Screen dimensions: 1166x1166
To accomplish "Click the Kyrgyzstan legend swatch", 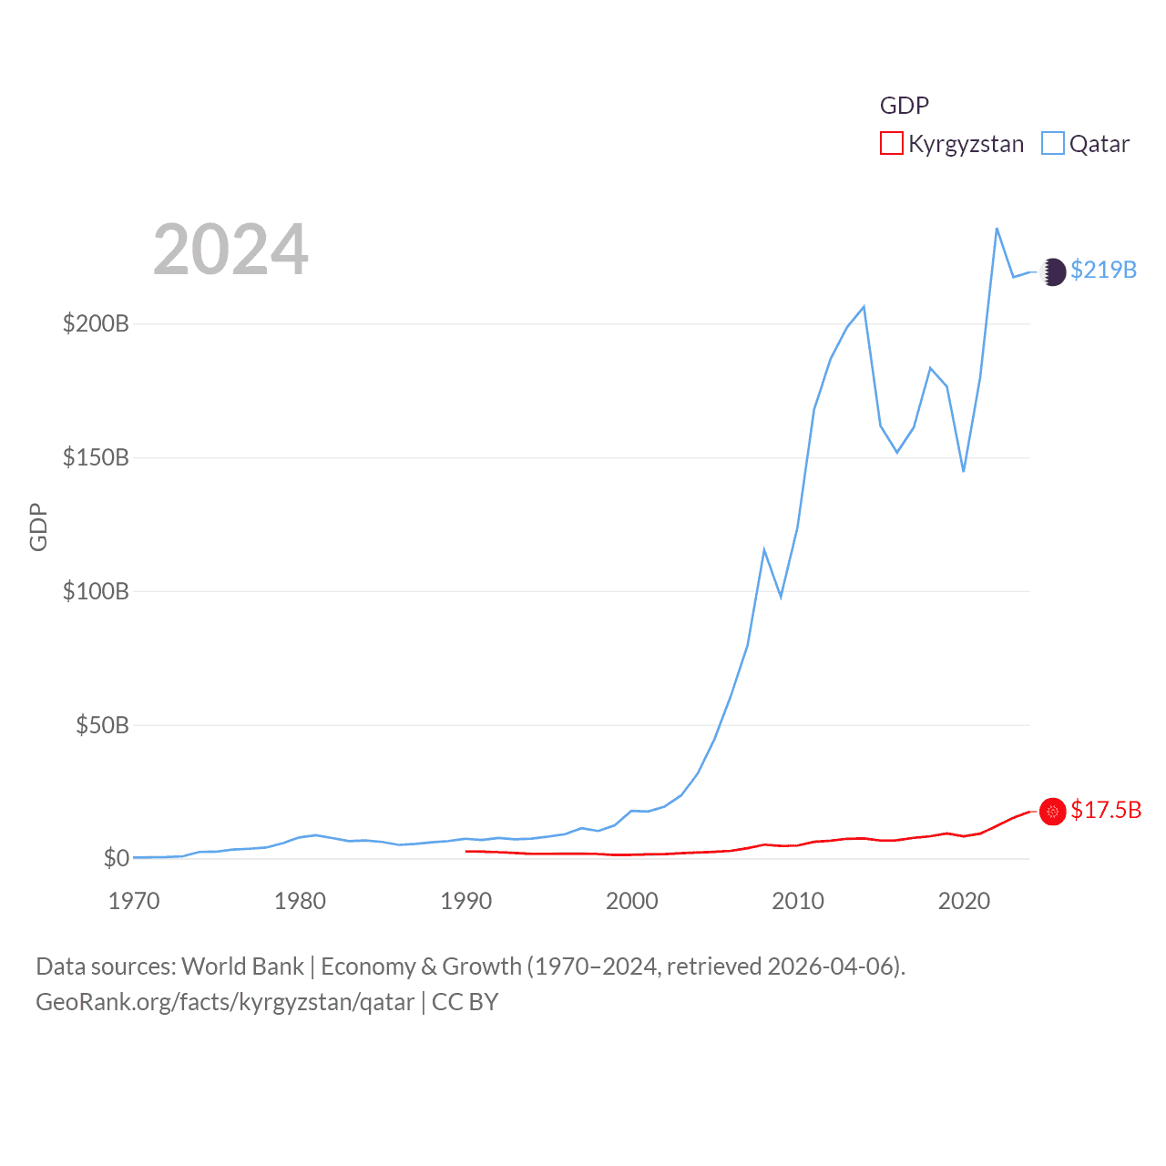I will click(891, 144).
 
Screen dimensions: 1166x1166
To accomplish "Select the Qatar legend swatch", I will click(1052, 144).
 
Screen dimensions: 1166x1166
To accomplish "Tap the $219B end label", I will click(1103, 271).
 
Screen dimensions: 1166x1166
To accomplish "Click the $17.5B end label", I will click(1106, 811).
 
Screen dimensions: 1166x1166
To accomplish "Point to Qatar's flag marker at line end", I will click(1052, 271).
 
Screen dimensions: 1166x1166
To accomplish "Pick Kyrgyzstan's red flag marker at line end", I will click(1052, 812).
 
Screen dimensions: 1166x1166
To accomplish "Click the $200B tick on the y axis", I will click(96, 324).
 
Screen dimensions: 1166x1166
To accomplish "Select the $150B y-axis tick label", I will click(96, 458).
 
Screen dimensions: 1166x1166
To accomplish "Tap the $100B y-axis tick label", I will click(96, 592).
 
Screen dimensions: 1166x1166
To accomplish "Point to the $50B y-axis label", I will click(102, 726).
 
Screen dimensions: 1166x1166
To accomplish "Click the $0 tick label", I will click(116, 859).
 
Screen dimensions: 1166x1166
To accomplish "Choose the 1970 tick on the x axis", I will click(134, 902).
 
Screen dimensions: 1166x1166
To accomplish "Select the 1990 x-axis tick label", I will click(465, 902).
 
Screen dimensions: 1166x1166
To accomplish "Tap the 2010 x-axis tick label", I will click(798, 902).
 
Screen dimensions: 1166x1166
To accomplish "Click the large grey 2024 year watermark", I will click(230, 250).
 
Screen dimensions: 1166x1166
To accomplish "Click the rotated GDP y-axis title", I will click(38, 527).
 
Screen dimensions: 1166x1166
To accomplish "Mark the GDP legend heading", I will click(904, 106).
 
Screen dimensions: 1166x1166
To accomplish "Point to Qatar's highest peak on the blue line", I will click(997, 229).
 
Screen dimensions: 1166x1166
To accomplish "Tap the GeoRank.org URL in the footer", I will click(225, 1003).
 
